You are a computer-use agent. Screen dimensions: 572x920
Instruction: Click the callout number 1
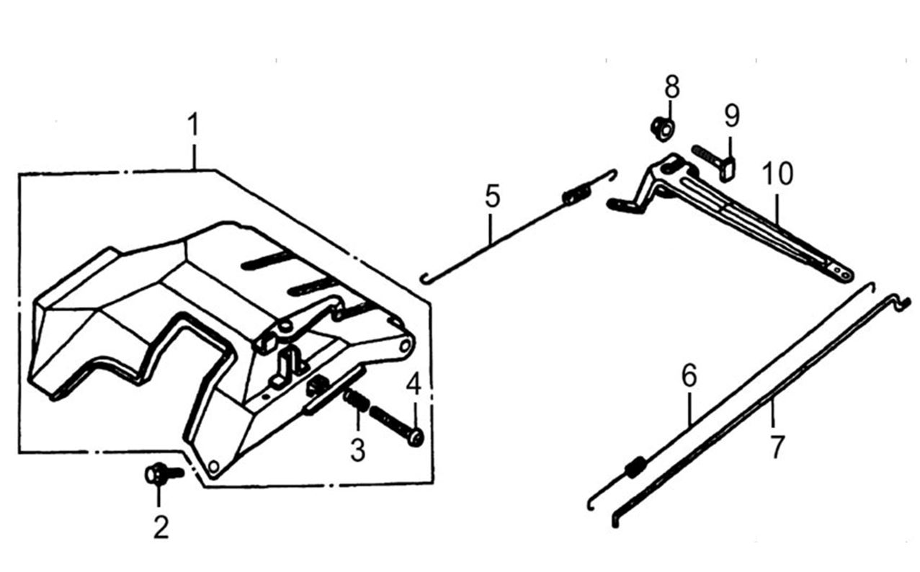[x=192, y=127]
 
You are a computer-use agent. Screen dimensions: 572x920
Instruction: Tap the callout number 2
[x=161, y=528]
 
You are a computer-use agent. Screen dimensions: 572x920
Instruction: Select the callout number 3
[x=357, y=450]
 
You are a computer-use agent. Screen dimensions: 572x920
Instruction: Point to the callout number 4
[x=414, y=385]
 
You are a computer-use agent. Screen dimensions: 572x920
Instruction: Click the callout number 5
[x=492, y=197]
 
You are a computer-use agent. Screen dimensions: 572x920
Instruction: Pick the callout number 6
[x=689, y=375]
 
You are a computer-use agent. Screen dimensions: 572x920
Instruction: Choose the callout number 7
[x=776, y=447]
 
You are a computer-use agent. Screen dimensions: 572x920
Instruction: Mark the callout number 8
[x=671, y=89]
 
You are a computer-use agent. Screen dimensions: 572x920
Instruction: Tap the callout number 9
[x=731, y=115]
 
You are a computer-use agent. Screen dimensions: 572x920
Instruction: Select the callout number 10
[x=778, y=174]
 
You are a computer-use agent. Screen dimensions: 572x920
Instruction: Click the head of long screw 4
[x=414, y=437]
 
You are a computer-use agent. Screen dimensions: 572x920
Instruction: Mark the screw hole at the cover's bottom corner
[x=213, y=467]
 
